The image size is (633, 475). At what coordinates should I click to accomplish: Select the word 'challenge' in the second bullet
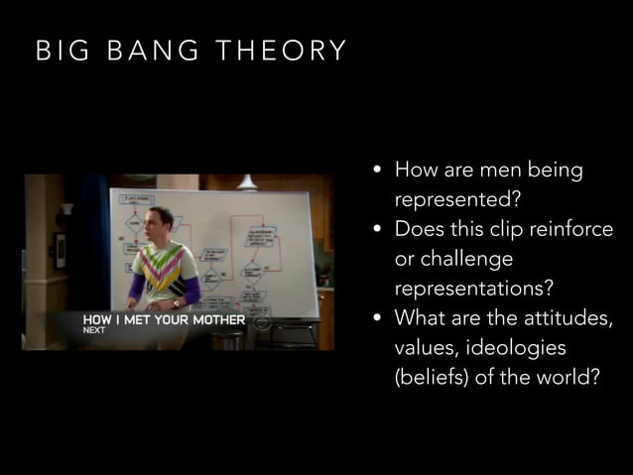coord(453,259)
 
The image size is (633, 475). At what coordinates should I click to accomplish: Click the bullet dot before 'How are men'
coord(378,172)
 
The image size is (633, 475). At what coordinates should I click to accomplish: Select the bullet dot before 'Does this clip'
coord(378,230)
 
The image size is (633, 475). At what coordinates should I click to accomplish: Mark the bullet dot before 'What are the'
coord(378,319)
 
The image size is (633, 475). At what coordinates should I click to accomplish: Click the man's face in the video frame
coord(161,222)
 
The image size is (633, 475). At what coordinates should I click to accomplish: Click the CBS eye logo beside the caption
coord(261,322)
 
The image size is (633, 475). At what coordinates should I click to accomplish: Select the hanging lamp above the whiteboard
coord(246,182)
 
